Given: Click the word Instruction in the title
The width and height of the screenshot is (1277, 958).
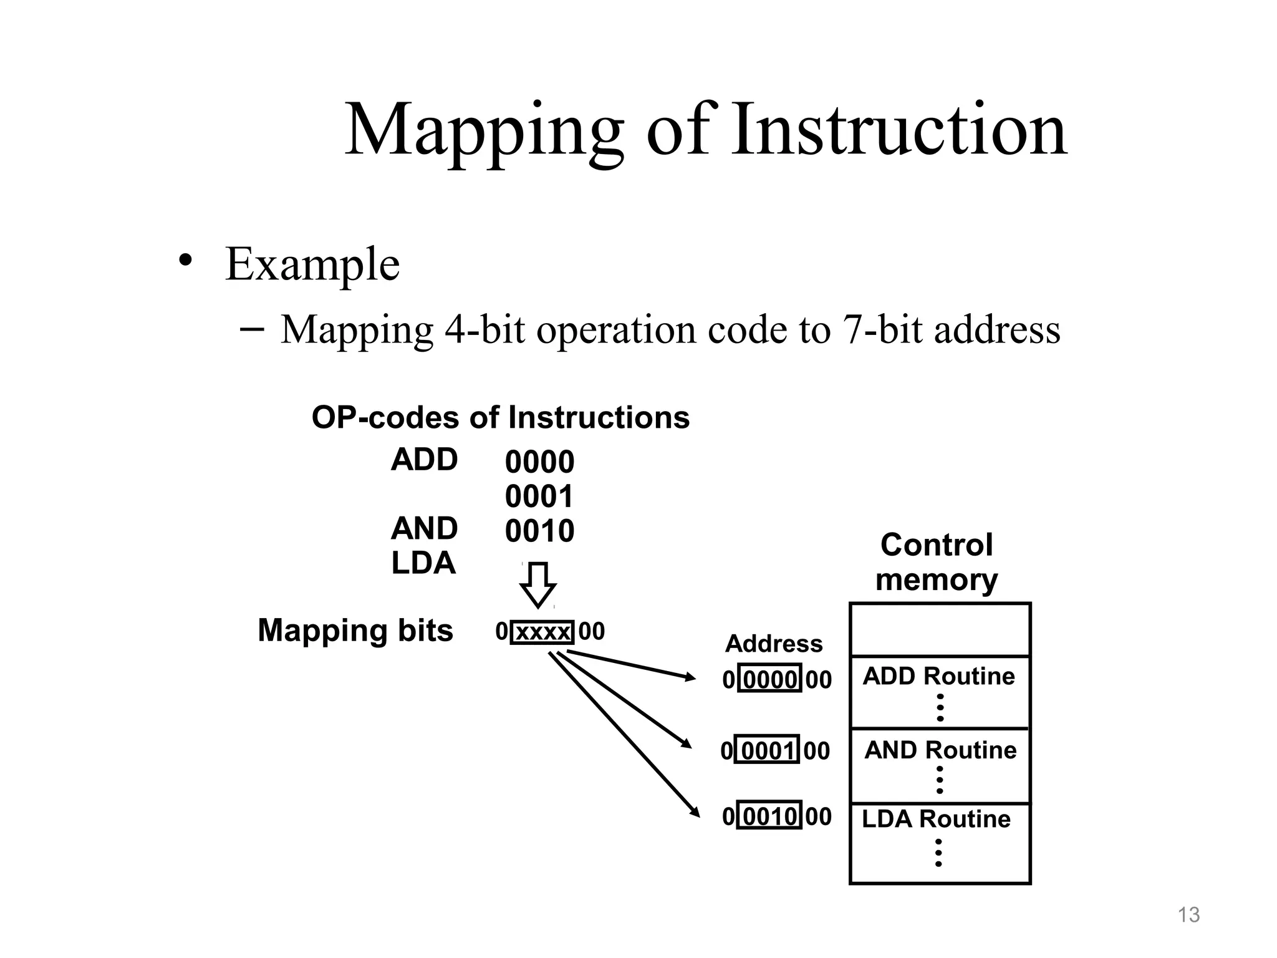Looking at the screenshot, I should [x=899, y=131].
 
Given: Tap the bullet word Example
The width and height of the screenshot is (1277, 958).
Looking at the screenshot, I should [x=312, y=264].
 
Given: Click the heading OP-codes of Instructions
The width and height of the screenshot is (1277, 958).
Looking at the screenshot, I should [x=500, y=417].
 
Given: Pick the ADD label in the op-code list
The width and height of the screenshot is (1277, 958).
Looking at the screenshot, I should [x=424, y=460].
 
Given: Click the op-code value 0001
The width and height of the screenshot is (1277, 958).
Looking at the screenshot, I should [x=539, y=497].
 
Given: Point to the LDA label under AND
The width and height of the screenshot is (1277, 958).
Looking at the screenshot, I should [x=423, y=563].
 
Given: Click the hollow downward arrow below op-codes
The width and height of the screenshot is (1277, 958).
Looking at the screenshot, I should [x=537, y=585].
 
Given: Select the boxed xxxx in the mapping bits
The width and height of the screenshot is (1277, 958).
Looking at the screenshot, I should [x=542, y=632].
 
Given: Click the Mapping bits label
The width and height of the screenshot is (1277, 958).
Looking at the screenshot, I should [x=355, y=630].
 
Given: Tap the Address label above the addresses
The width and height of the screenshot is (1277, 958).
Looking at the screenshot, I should [x=774, y=644].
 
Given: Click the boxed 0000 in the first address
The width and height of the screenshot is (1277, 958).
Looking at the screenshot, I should [x=769, y=679].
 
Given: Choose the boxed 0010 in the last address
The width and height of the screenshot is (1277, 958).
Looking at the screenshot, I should [x=769, y=816].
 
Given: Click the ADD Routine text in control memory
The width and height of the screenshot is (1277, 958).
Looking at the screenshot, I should [x=938, y=676].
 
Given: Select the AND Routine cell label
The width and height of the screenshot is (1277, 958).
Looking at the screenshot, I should [x=940, y=750].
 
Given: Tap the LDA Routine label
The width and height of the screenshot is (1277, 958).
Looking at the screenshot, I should [x=936, y=819].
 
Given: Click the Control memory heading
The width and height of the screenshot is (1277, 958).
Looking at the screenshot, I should [x=936, y=563].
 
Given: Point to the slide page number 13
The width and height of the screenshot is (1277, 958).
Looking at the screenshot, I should [x=1188, y=915].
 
